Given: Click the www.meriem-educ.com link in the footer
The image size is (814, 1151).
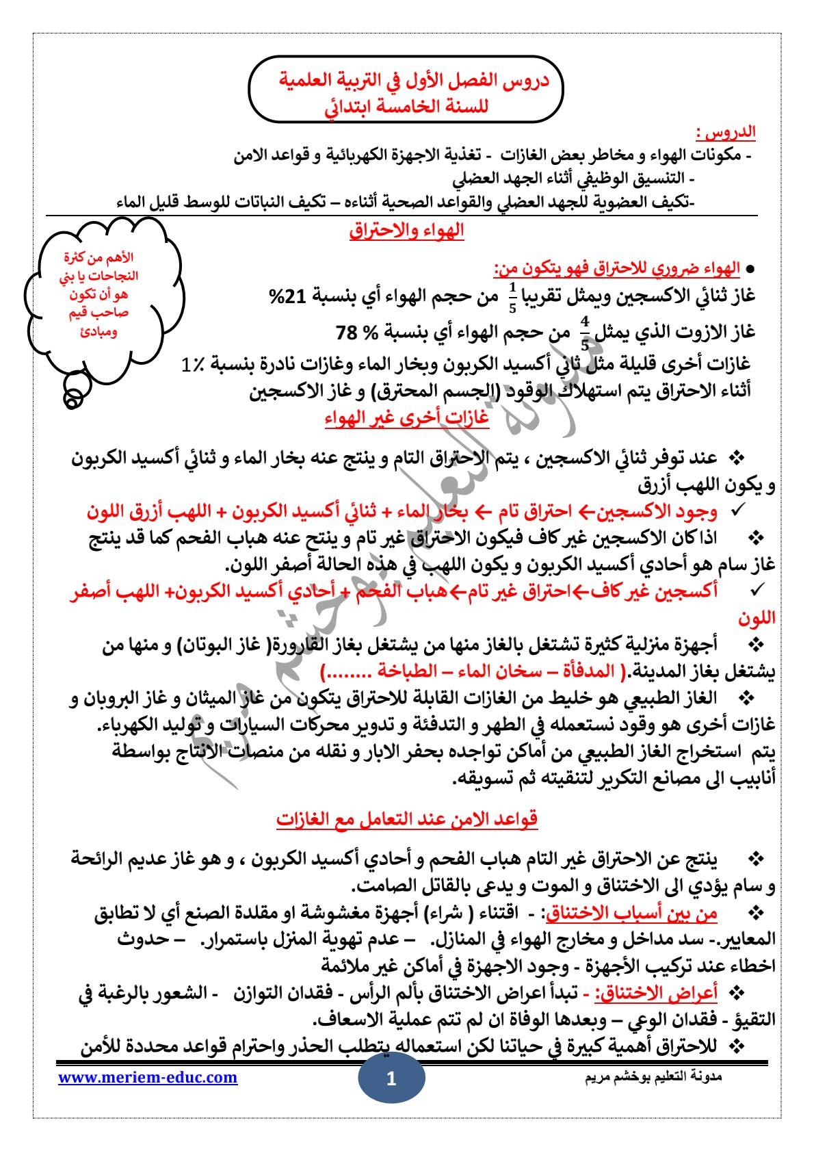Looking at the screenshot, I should click(148, 1078).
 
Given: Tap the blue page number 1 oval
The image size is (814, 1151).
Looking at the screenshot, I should click(391, 1081).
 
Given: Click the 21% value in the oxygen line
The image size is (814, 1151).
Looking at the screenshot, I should click(287, 298).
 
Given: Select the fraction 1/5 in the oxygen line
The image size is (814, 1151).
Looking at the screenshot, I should click(512, 298).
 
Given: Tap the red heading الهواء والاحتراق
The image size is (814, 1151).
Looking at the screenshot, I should click(406, 231).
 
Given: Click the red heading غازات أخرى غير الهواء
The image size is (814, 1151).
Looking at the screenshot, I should click(407, 418).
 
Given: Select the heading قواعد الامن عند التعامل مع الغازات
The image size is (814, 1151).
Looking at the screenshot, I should click(407, 818).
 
